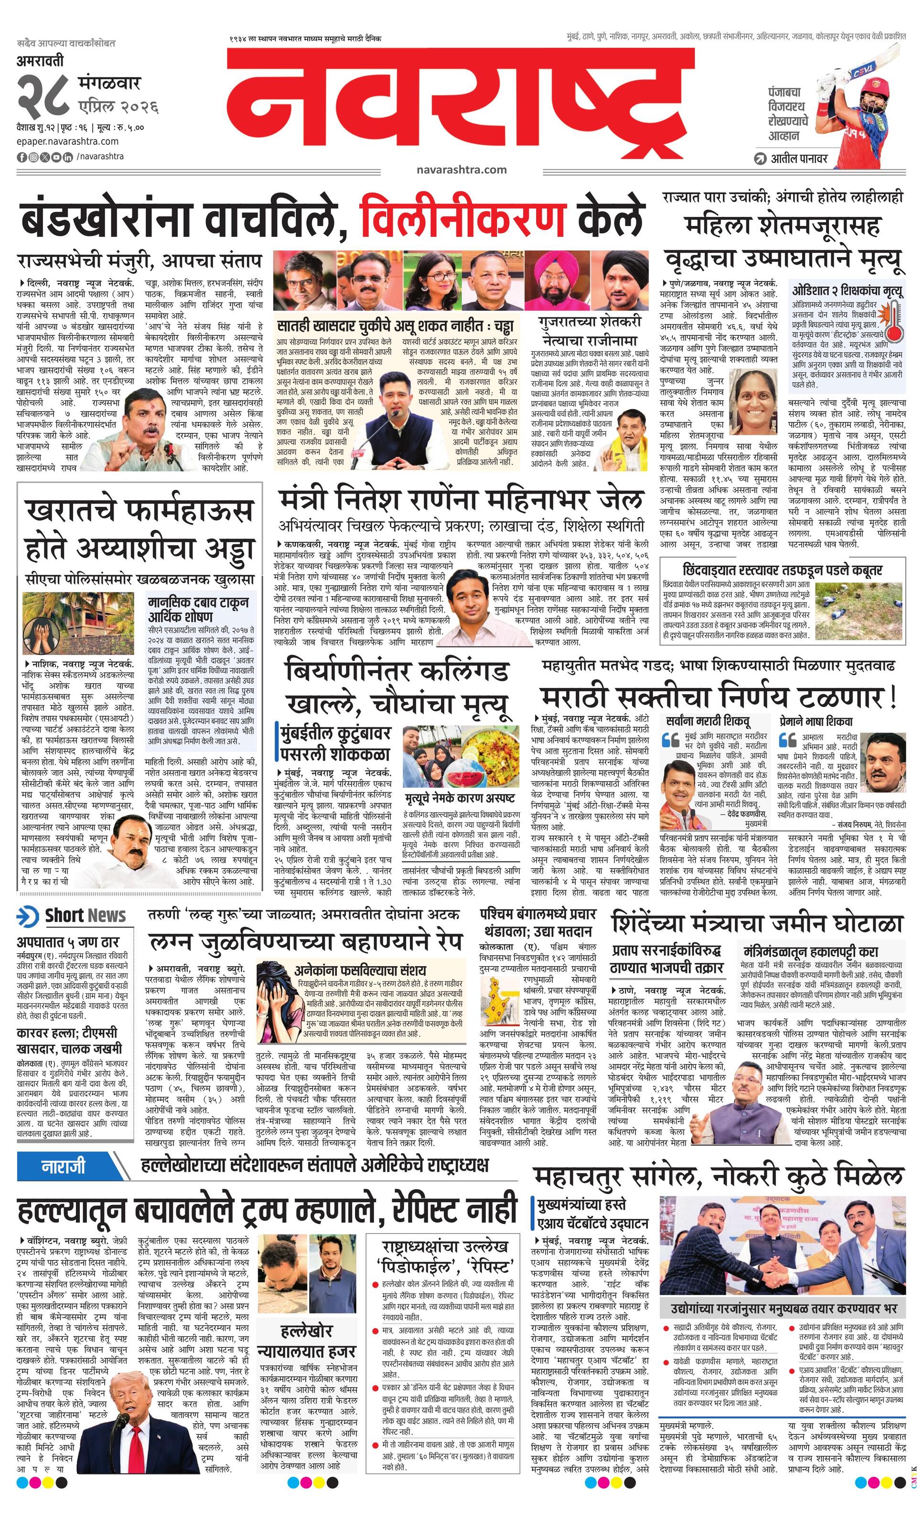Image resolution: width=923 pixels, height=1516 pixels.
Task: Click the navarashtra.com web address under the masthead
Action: coord(461,169)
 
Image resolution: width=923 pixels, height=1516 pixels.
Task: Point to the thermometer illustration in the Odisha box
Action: coord(893,320)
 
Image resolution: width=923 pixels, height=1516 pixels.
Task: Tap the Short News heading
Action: coord(84,915)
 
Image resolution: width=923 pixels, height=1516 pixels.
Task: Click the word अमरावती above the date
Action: coord(40,62)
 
